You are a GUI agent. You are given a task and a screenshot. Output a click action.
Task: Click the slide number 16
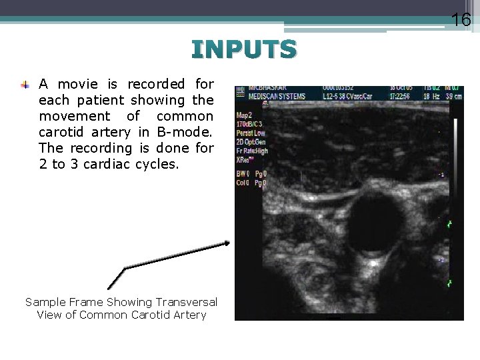pyautogui.click(x=461, y=21)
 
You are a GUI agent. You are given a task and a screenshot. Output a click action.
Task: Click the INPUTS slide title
pyautogui.click(x=243, y=49)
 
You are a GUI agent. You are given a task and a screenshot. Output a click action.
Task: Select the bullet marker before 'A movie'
pyautogui.click(x=25, y=85)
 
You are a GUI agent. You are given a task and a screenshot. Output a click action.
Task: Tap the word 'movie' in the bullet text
pyautogui.click(x=82, y=84)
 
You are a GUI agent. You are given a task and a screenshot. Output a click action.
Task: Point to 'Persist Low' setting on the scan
pyautogui.click(x=251, y=133)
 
